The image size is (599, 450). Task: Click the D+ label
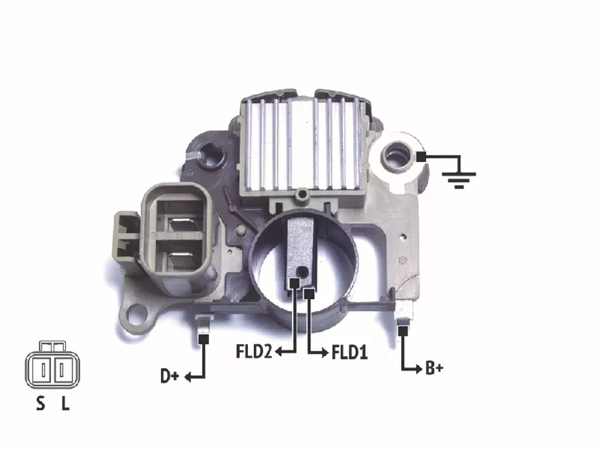[x=170, y=376]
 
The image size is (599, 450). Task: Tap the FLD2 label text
[x=254, y=351]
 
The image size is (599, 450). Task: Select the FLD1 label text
[x=350, y=352]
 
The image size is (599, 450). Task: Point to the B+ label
[x=434, y=368]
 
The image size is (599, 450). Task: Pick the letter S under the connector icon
[x=40, y=403]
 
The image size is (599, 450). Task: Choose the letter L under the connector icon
[x=66, y=403]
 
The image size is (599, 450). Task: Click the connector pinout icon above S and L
[x=52, y=364]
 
